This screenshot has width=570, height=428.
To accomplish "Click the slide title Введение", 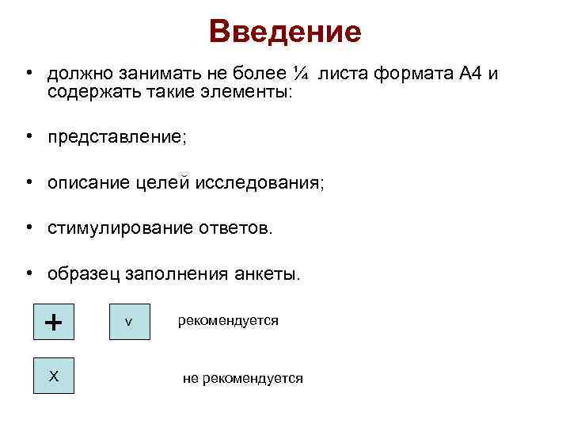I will (x=285, y=32).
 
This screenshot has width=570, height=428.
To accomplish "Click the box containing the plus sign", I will (x=54, y=322).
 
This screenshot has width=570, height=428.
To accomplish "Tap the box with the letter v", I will (x=129, y=322).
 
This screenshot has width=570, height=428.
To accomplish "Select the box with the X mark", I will (x=54, y=375).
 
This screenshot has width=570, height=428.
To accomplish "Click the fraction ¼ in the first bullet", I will (x=300, y=74).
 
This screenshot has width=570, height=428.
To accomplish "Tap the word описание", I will (x=85, y=183).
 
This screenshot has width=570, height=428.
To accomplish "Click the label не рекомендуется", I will (x=242, y=379).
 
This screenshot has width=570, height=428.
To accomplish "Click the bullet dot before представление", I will (x=28, y=136).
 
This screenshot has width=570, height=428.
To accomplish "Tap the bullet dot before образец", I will (x=28, y=273).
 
